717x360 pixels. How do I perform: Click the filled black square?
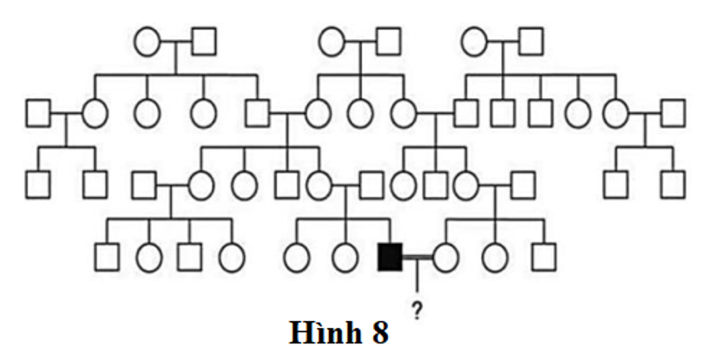[390, 257]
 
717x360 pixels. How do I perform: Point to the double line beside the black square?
[418, 257]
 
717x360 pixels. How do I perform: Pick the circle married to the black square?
[446, 257]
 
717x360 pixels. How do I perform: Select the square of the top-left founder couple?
[204, 41]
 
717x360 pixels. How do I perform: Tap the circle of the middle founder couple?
[332, 41]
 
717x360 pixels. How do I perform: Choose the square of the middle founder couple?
[388, 41]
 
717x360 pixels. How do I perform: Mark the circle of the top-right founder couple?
[474, 41]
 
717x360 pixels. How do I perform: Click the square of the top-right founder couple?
[531, 41]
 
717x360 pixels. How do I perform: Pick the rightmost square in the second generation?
[673, 112]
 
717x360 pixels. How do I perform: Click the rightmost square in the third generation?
[673, 184]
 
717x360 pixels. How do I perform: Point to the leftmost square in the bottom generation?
[107, 257]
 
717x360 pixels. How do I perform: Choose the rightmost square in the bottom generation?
[544, 257]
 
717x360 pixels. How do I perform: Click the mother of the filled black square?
[319, 184]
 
